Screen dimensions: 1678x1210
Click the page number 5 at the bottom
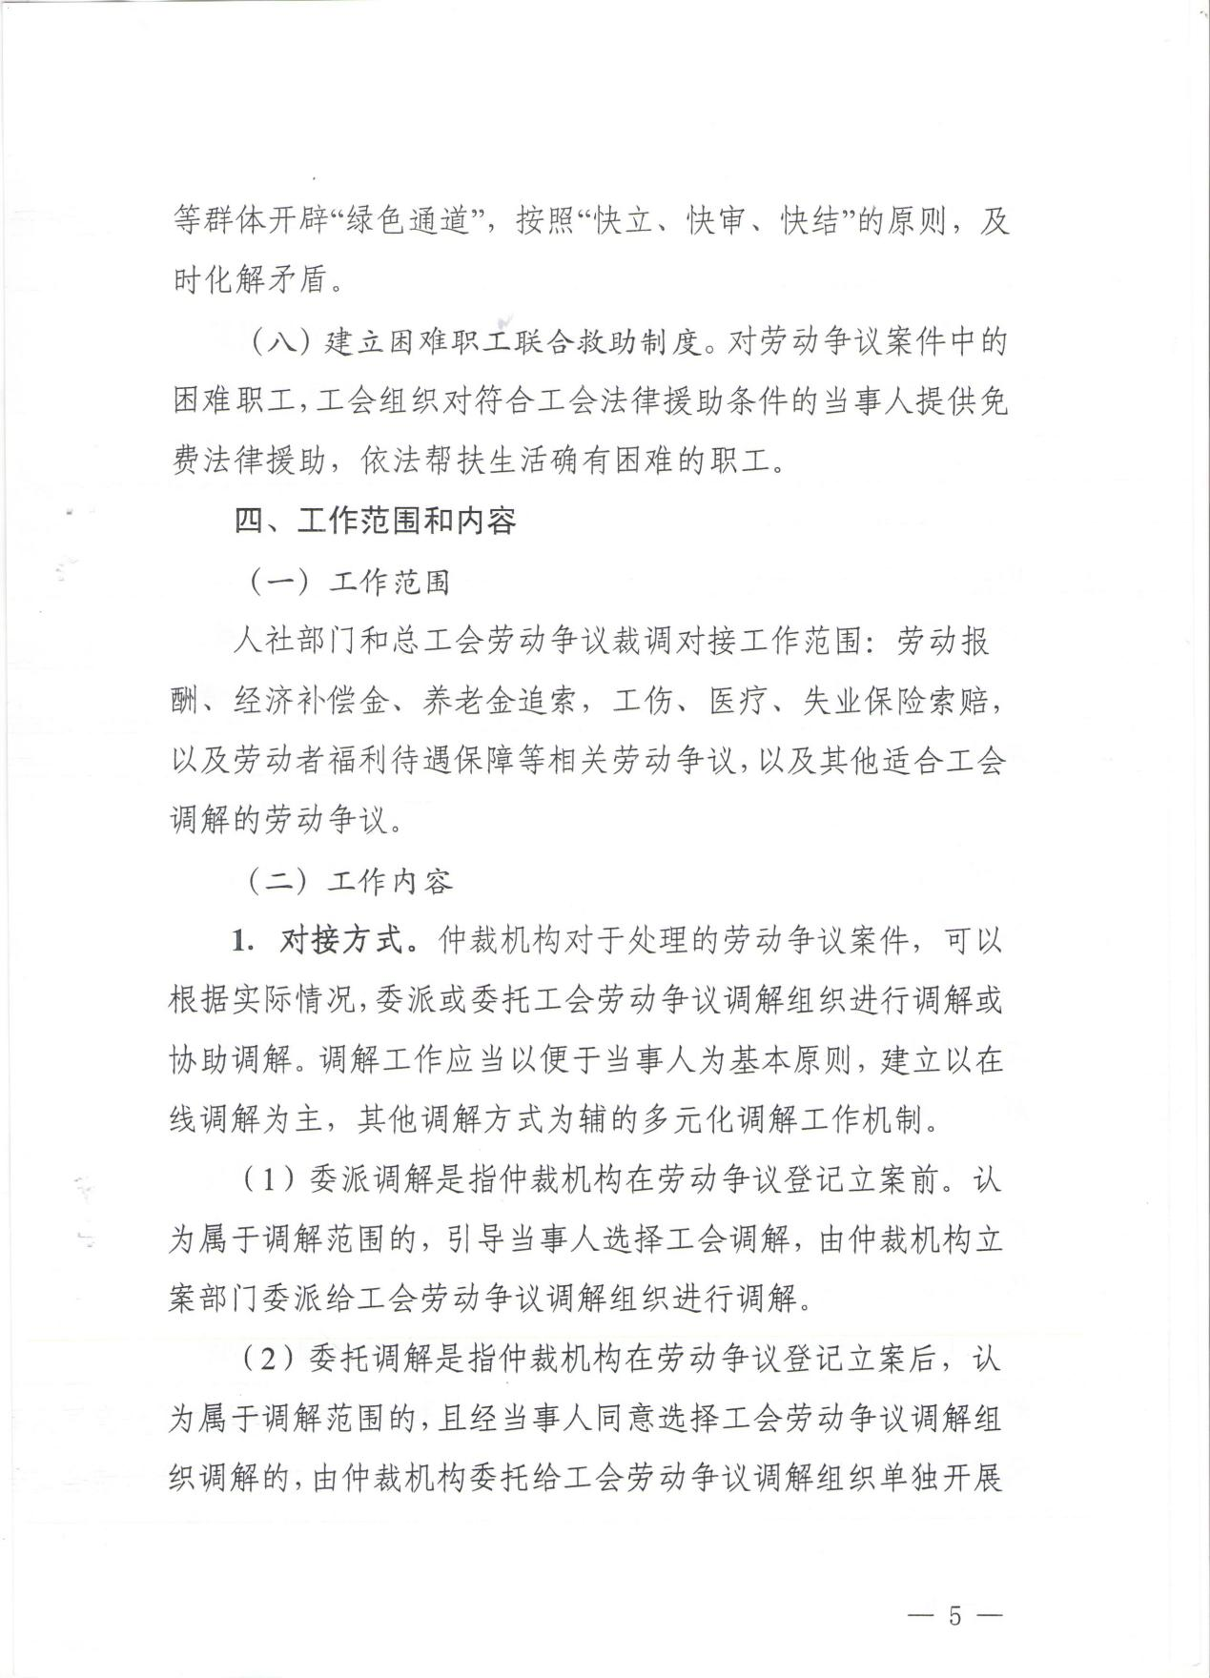954,1589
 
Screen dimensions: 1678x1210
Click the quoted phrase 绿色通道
413,223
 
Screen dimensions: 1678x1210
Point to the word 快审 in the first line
716,223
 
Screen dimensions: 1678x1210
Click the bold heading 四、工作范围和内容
376,522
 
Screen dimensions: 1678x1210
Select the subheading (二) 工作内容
350,882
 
